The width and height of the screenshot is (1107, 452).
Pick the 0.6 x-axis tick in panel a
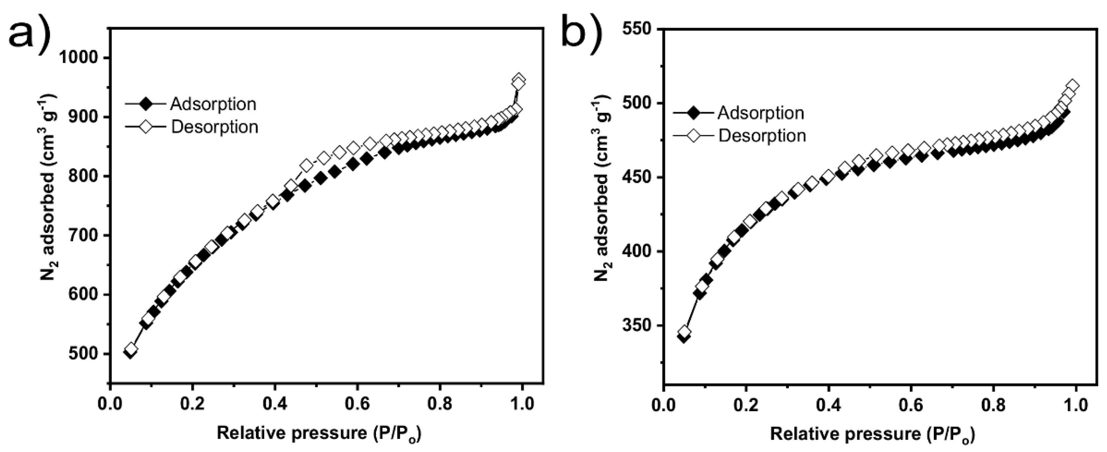(x=358, y=404)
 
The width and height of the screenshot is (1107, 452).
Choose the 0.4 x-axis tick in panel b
(x=828, y=404)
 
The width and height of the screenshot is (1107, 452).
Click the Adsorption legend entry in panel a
(x=213, y=104)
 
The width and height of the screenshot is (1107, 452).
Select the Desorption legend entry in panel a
(x=214, y=127)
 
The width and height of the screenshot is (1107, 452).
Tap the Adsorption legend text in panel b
(x=761, y=113)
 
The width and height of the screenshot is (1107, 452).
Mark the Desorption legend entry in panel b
(x=762, y=136)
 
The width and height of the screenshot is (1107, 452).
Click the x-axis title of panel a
(x=319, y=433)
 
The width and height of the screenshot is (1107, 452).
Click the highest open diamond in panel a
(x=519, y=79)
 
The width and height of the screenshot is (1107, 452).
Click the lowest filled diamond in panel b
(x=684, y=337)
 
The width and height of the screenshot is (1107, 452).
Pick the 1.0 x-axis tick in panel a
(x=522, y=404)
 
